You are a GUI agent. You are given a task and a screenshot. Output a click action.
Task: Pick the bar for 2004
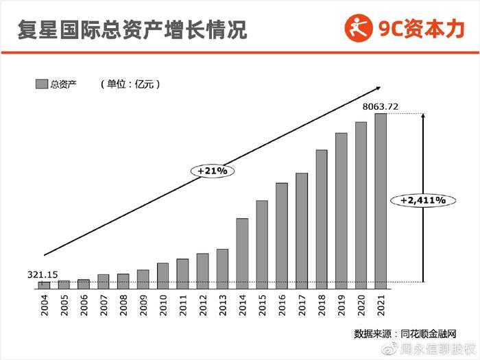coord(44,284)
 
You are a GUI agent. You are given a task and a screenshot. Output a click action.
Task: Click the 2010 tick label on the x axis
coord(163,302)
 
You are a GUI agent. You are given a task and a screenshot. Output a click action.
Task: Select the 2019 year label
coord(341,302)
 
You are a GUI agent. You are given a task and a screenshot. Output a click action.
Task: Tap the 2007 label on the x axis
coord(104,302)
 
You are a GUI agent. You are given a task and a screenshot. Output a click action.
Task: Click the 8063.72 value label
coord(380,107)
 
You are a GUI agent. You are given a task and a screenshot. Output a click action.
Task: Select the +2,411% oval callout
coord(418,200)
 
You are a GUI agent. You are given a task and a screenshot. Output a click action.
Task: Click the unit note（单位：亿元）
coord(130,84)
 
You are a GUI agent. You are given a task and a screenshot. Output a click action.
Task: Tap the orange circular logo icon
coord(359,29)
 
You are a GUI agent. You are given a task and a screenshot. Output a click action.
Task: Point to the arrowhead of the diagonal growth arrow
coord(377,87)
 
